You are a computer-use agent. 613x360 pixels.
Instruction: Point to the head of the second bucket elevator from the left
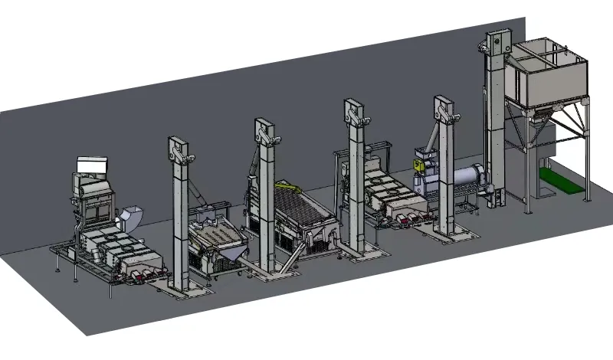tap(265, 130)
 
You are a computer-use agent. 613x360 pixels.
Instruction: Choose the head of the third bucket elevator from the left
tap(354, 112)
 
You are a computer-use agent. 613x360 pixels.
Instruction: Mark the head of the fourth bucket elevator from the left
tap(443, 109)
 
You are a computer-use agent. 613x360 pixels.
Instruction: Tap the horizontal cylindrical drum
tap(465, 178)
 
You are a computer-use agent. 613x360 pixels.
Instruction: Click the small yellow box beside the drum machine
tap(419, 163)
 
